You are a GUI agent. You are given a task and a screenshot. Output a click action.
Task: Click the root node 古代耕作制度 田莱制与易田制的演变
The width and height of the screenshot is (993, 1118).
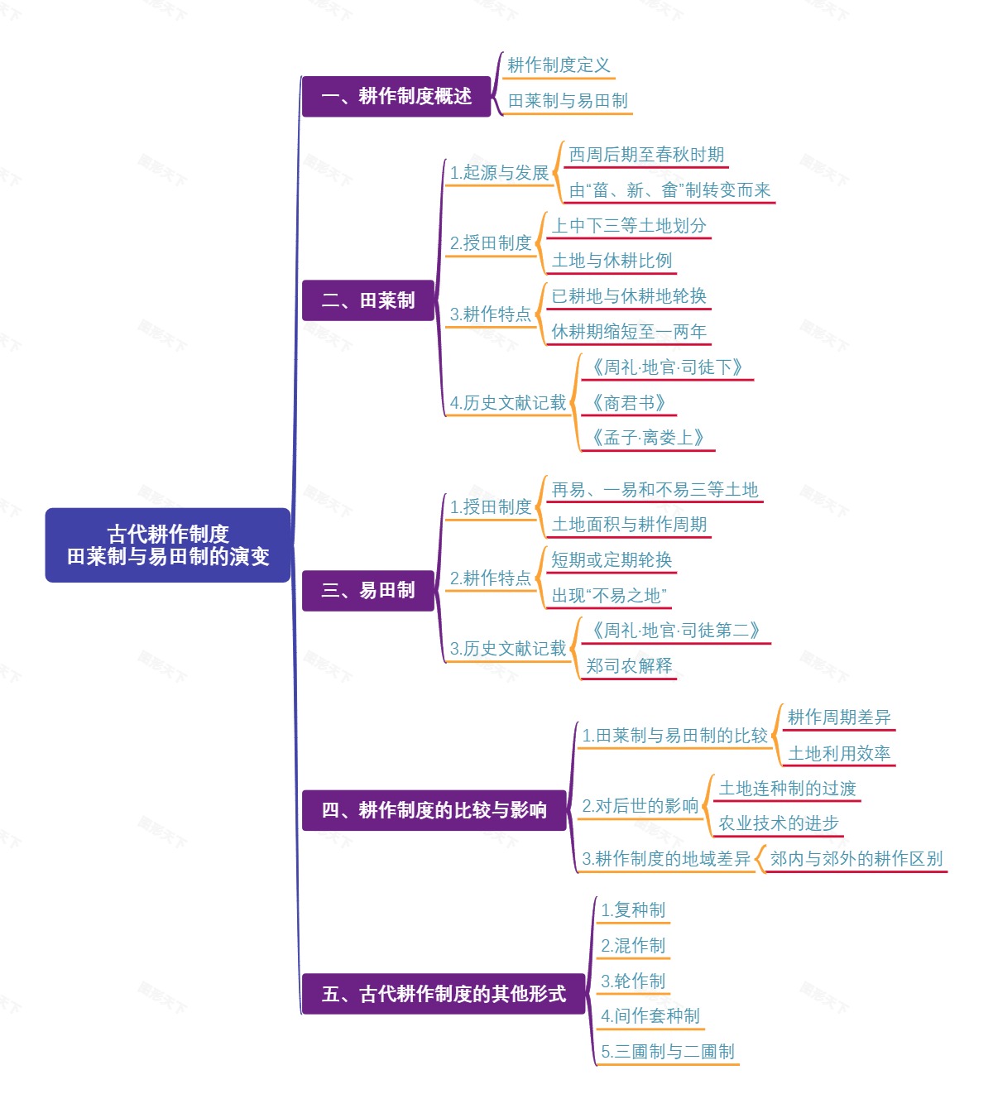(x=168, y=545)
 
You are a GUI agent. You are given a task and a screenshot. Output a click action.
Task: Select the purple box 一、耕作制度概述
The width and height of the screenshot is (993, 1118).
(x=396, y=96)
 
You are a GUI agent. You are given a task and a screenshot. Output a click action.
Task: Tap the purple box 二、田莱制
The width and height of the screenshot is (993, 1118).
(x=368, y=300)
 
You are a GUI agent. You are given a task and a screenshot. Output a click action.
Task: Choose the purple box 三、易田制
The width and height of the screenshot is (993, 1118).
(x=368, y=590)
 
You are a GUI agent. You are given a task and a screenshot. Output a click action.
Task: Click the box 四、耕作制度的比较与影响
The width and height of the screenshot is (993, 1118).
(x=434, y=810)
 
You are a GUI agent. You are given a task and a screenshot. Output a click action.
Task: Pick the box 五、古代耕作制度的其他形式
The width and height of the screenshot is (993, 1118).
(x=444, y=994)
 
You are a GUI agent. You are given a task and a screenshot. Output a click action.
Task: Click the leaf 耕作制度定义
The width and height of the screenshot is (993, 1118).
(x=559, y=65)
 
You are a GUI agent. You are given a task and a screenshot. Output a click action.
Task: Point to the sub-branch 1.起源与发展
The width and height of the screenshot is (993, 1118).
(x=499, y=173)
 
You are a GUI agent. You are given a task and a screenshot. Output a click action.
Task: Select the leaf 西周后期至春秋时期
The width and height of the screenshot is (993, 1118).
(x=646, y=155)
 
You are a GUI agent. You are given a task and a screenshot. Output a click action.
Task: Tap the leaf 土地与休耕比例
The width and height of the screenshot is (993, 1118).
(x=612, y=261)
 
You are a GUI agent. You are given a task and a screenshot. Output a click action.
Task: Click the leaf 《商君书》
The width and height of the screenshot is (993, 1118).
(x=627, y=403)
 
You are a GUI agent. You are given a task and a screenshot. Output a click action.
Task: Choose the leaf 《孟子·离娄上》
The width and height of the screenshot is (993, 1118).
(x=647, y=438)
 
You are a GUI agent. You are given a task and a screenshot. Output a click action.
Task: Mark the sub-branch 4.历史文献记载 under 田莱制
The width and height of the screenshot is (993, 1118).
(x=508, y=403)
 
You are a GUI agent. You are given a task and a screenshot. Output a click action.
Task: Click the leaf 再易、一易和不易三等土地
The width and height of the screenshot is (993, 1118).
(x=655, y=490)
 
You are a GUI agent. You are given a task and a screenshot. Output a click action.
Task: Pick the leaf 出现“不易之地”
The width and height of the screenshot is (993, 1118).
(x=609, y=596)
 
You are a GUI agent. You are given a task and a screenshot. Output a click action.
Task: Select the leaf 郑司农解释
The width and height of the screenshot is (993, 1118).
(x=629, y=666)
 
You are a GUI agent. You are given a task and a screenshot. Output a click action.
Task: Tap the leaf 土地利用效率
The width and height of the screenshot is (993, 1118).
(x=838, y=754)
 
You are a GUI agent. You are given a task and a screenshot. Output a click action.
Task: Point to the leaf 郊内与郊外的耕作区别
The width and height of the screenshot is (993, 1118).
(x=856, y=859)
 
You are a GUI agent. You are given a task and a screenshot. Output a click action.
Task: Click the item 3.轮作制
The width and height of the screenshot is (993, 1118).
(x=633, y=981)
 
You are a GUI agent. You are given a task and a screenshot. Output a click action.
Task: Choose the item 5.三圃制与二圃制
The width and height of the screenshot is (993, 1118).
(x=668, y=1052)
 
